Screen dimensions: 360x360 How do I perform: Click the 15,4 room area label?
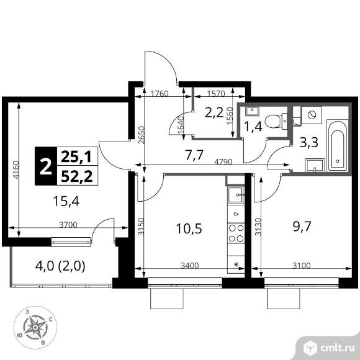pos(66,201)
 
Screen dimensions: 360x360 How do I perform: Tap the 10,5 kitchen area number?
pos(189,228)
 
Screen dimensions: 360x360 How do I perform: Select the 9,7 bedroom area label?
pos(302,227)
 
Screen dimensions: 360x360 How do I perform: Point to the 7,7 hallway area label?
pos(194,155)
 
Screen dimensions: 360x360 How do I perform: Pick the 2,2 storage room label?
pos(214,112)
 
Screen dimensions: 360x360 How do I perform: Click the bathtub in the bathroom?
pos(337,145)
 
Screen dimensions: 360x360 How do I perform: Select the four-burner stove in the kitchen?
pos(236,233)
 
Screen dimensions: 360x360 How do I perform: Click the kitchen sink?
pos(236,195)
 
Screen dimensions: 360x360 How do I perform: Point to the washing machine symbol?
pos(312,115)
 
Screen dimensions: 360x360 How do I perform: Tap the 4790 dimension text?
pos(223,162)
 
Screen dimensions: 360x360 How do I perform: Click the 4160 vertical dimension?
pos(16,169)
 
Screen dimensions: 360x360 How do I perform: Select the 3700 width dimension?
pos(68,225)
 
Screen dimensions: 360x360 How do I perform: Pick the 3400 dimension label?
pos(190,266)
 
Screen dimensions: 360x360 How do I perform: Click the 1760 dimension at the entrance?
pos(160,94)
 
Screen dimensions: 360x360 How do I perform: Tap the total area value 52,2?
pos(77,176)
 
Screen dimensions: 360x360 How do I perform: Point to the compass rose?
pos(35,327)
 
